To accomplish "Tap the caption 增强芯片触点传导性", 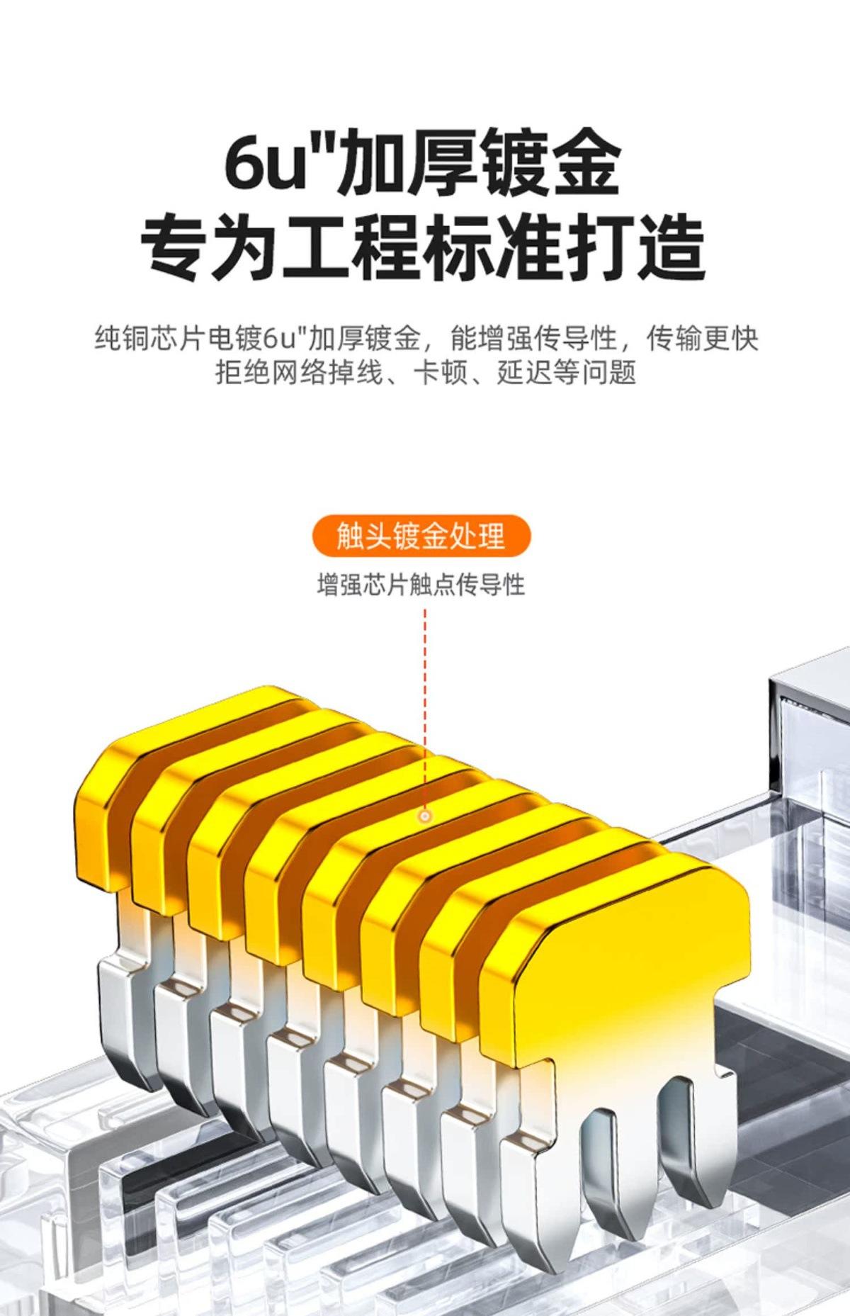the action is pos(421,585).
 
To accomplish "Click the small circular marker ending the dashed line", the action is pos(425,816).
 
